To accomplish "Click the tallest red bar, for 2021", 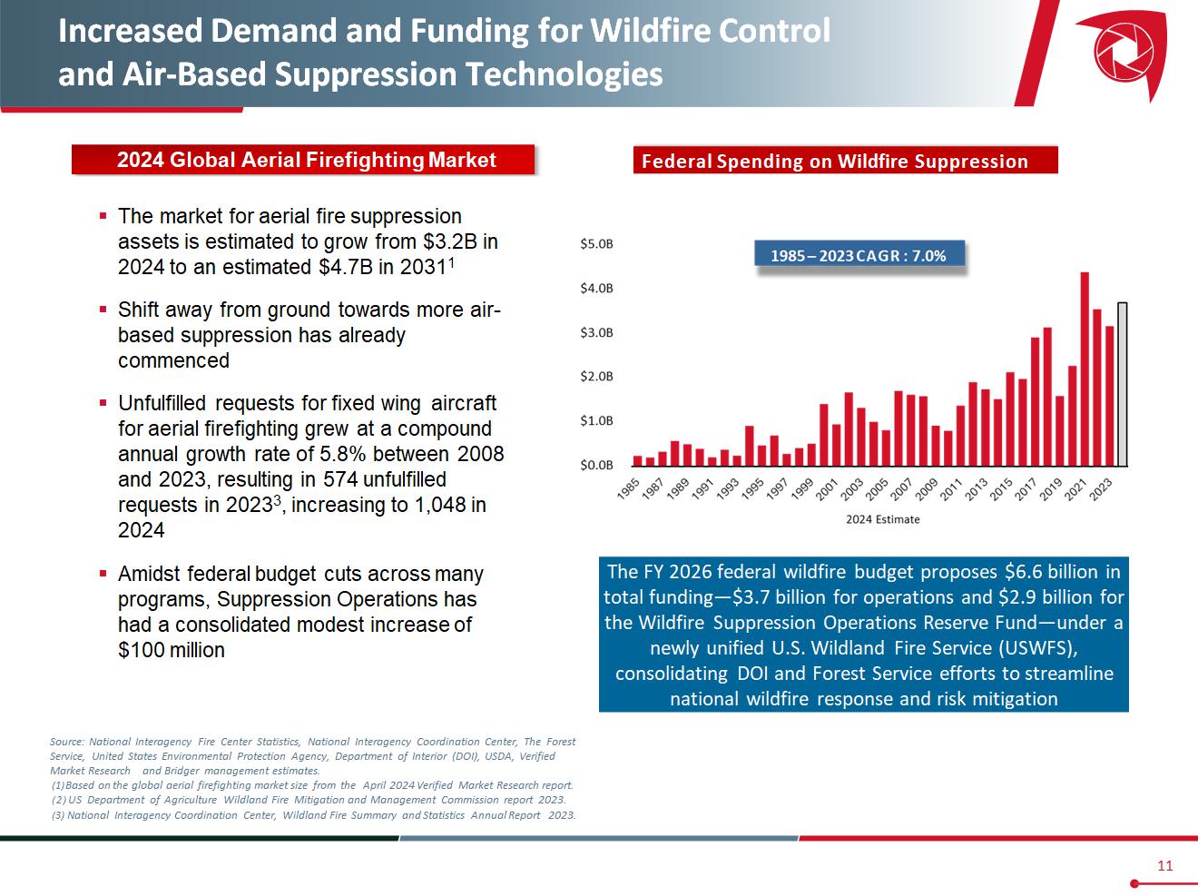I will (x=1085, y=369).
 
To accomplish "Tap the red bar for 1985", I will (x=637, y=460).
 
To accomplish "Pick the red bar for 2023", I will (x=1109, y=396).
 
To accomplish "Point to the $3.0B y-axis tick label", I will (x=596, y=332).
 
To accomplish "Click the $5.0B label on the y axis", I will (x=596, y=244).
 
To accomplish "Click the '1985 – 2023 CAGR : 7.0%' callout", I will (x=859, y=256).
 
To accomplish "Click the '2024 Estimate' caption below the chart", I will (x=882, y=519).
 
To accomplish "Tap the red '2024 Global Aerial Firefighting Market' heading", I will (x=306, y=161).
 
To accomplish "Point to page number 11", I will (x=1164, y=865).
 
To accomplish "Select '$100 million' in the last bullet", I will (x=172, y=650).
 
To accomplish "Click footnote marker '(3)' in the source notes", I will (x=58, y=814).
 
